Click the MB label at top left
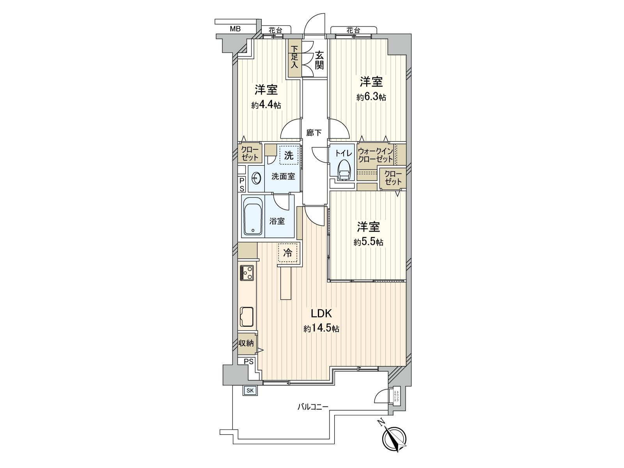tap(235, 28)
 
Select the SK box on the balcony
tap(250, 390)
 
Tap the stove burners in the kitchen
tap(246, 272)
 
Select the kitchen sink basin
tap(246, 316)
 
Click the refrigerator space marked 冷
tap(288, 252)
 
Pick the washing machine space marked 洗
tap(289, 156)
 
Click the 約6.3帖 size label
tap(371, 97)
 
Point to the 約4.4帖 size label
tap(266, 105)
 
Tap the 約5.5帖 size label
tap(368, 242)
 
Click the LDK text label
tap(321, 313)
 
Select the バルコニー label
tap(313, 407)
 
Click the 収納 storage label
tap(246, 343)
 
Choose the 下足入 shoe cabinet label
tap(294, 57)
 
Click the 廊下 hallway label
tap(314, 133)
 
